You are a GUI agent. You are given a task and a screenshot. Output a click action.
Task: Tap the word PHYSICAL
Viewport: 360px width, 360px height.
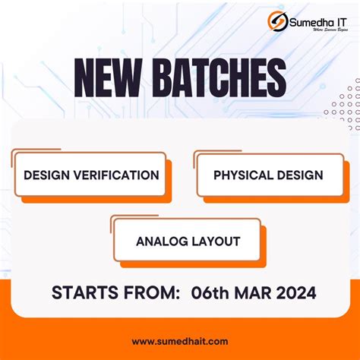[243, 175]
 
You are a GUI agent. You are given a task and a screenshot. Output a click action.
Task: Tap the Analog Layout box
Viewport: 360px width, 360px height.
[188, 242]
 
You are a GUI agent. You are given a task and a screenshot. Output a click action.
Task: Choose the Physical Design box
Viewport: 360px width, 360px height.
[268, 175]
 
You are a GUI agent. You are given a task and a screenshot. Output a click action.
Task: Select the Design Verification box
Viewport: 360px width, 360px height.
[90, 175]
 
